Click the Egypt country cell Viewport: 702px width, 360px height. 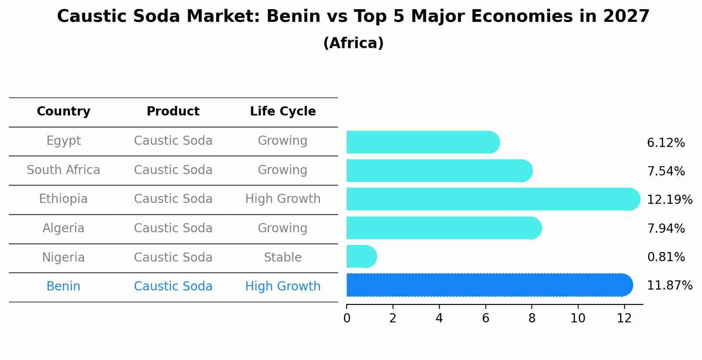pos(63,141)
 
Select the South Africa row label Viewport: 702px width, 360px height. pos(63,170)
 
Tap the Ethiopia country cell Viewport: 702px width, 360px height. pos(63,199)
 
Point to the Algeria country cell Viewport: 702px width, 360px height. pos(63,228)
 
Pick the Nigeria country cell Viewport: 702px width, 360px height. pos(63,258)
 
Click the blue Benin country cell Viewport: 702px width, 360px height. pos(63,287)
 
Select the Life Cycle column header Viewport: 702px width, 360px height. pos(283,112)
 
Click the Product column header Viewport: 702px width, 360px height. pos(173,112)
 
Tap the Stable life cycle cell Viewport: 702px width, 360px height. pos(283,258)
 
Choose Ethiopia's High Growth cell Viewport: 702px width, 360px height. pos(283,199)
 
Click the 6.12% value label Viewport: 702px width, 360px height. pos(666,143)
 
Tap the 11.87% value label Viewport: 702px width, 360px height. pos(670,286)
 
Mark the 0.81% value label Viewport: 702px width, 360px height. pos(666,257)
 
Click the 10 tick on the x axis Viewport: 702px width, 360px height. pos(578,318)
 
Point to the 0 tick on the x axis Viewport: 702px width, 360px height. pos(347,318)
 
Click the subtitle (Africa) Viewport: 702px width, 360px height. pos(353,43)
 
